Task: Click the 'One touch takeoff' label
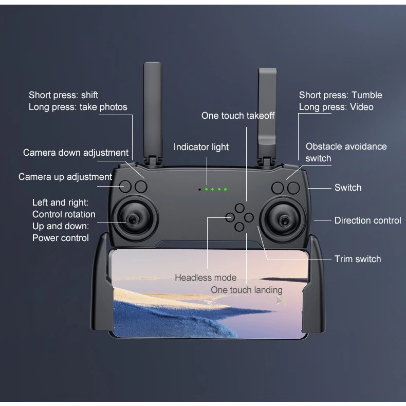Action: (x=237, y=116)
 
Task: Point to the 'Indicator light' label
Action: (x=201, y=147)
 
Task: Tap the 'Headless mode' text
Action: (x=206, y=278)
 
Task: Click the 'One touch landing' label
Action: (x=246, y=290)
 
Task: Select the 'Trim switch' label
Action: (x=358, y=259)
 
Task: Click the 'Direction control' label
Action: (x=367, y=220)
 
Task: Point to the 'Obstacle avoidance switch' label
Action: (x=345, y=152)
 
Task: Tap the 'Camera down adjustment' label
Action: (x=76, y=153)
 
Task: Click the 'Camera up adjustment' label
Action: (x=65, y=177)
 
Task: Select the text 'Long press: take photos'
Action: (x=78, y=107)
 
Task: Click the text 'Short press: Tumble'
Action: (x=340, y=95)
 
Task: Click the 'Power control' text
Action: (x=61, y=237)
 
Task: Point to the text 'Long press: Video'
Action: (x=336, y=107)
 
